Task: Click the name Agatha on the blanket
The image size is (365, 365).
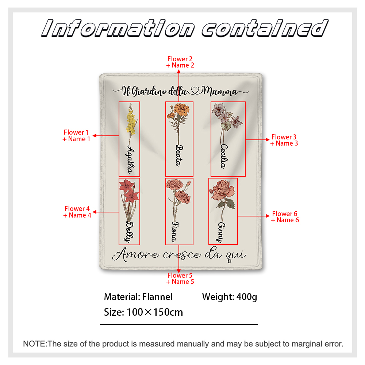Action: [x=131, y=160]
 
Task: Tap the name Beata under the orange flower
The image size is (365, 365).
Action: [x=179, y=155]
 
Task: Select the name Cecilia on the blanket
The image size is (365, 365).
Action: [x=224, y=156]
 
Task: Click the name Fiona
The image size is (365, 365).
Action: [x=176, y=232]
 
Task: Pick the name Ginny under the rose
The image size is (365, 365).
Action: [x=221, y=232]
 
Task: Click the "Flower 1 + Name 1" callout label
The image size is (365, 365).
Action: [x=76, y=135]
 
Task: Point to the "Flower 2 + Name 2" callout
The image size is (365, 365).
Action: [x=180, y=62]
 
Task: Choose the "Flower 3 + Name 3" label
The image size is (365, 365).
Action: [x=284, y=140]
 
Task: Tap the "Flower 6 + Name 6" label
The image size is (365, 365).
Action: [x=285, y=217]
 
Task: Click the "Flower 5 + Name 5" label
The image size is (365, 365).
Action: [x=180, y=278]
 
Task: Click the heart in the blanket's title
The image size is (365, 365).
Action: [x=195, y=91]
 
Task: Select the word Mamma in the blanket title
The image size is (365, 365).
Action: [x=219, y=92]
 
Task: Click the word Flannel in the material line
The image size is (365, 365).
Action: [x=157, y=297]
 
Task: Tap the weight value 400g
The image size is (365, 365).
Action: [x=247, y=297]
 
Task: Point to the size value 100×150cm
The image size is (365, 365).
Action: [x=155, y=312]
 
